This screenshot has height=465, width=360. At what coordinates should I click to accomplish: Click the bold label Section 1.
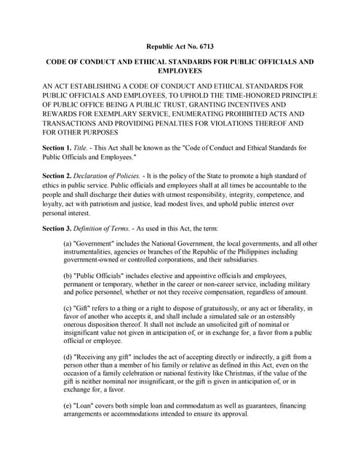(58, 147)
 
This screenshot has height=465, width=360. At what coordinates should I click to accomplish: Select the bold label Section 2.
(58, 177)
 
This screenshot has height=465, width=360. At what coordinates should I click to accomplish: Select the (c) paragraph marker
(69, 308)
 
